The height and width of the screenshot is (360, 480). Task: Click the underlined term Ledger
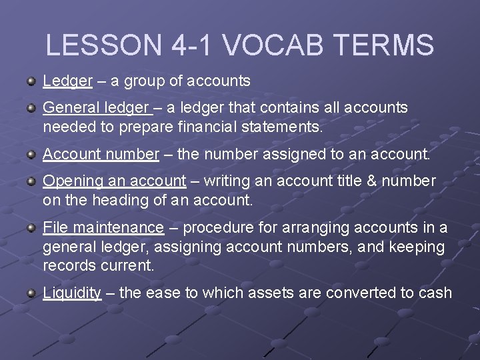(67, 81)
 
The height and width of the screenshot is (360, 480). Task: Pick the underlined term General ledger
(95, 107)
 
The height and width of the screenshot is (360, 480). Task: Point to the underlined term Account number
(101, 154)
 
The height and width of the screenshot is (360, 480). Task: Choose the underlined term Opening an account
(114, 181)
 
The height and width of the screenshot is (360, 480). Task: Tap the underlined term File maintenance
(103, 227)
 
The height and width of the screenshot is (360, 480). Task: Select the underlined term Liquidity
(72, 293)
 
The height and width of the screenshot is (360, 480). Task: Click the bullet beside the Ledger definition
(31, 81)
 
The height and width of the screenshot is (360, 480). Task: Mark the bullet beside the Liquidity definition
(31, 293)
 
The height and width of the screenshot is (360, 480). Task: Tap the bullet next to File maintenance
(31, 227)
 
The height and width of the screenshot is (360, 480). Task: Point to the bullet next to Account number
(31, 154)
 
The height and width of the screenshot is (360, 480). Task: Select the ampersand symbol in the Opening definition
(375, 181)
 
